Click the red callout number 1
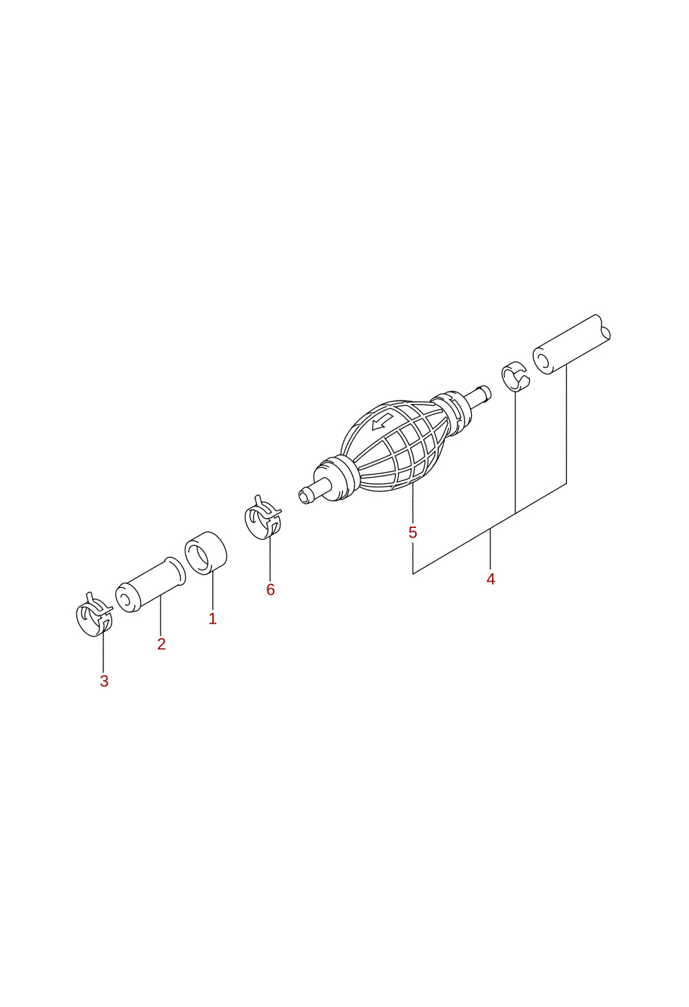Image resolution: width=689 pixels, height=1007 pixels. pyautogui.click(x=213, y=618)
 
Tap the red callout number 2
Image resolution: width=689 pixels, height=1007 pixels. pyautogui.click(x=161, y=644)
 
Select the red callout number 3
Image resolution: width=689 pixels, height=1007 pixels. pyautogui.click(x=104, y=682)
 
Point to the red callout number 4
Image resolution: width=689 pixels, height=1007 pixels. pyautogui.click(x=491, y=579)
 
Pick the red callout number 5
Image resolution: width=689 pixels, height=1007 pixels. pyautogui.click(x=413, y=533)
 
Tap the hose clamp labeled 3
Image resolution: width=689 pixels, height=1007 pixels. pyautogui.click(x=94, y=615)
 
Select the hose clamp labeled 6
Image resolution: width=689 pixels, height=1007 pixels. pyautogui.click(x=263, y=516)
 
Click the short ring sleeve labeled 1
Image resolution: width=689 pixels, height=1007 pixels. pyautogui.click(x=206, y=552)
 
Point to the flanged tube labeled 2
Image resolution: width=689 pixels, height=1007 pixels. pyautogui.click(x=151, y=585)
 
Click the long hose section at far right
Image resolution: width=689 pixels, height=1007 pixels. pyautogui.click(x=571, y=345)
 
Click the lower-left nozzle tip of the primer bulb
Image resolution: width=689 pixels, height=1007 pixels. pyautogui.click(x=306, y=496)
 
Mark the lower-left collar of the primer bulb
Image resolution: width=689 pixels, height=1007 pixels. pyautogui.click(x=338, y=478)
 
